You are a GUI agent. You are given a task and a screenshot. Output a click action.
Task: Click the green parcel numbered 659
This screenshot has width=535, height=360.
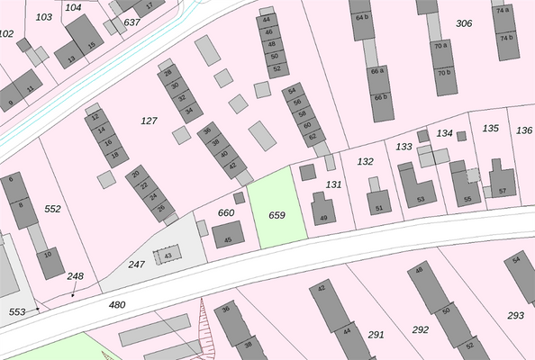pyautogui.click(x=277, y=215)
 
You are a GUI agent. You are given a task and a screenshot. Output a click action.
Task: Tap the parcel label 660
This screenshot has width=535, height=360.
pyautogui.click(x=226, y=213)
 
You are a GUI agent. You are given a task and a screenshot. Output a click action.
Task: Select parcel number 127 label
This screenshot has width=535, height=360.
pyautogui.click(x=150, y=120)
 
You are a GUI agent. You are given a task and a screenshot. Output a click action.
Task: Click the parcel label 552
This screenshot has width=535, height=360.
pyautogui.click(x=52, y=209)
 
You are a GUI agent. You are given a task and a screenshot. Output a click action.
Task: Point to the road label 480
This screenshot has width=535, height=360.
pyautogui.click(x=117, y=305)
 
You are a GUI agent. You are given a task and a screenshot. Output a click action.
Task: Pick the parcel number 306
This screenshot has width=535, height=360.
pyautogui.click(x=464, y=23)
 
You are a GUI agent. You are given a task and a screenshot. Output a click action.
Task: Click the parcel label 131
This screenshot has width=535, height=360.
pyautogui.click(x=334, y=184)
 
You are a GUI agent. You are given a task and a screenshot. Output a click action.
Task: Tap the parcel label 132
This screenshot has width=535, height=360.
pyautogui.click(x=365, y=161)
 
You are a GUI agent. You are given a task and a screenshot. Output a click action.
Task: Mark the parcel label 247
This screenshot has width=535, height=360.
pyautogui.click(x=136, y=264)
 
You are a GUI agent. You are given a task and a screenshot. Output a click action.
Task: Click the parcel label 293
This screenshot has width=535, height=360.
pyautogui.click(x=515, y=316)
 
